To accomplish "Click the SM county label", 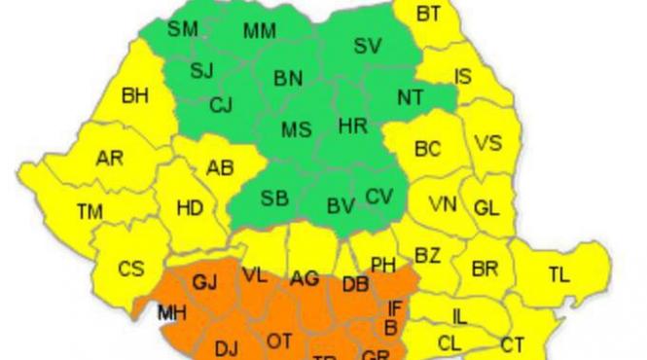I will (182, 28).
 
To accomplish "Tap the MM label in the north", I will (260, 31).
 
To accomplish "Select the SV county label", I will (368, 45).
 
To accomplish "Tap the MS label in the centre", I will (296, 129).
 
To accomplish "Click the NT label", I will (411, 97).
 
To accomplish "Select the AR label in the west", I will (109, 159).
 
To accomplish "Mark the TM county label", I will (90, 210).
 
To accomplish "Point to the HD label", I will (191, 208).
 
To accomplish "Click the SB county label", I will (274, 198).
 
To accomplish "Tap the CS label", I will (130, 269).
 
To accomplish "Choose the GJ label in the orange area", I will (205, 282).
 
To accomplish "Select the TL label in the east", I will (558, 275).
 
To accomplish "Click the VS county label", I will (488, 143).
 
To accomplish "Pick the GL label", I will (486, 208).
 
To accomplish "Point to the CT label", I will (512, 344).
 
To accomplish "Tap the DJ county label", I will (227, 347).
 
